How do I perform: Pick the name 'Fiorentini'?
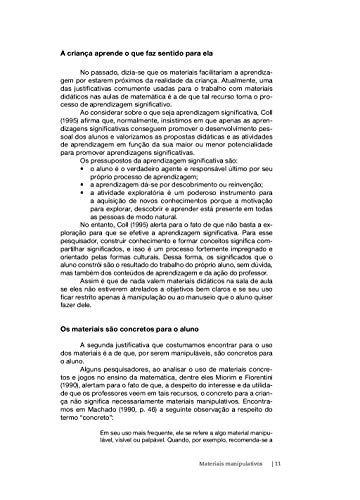click(269, 384)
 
